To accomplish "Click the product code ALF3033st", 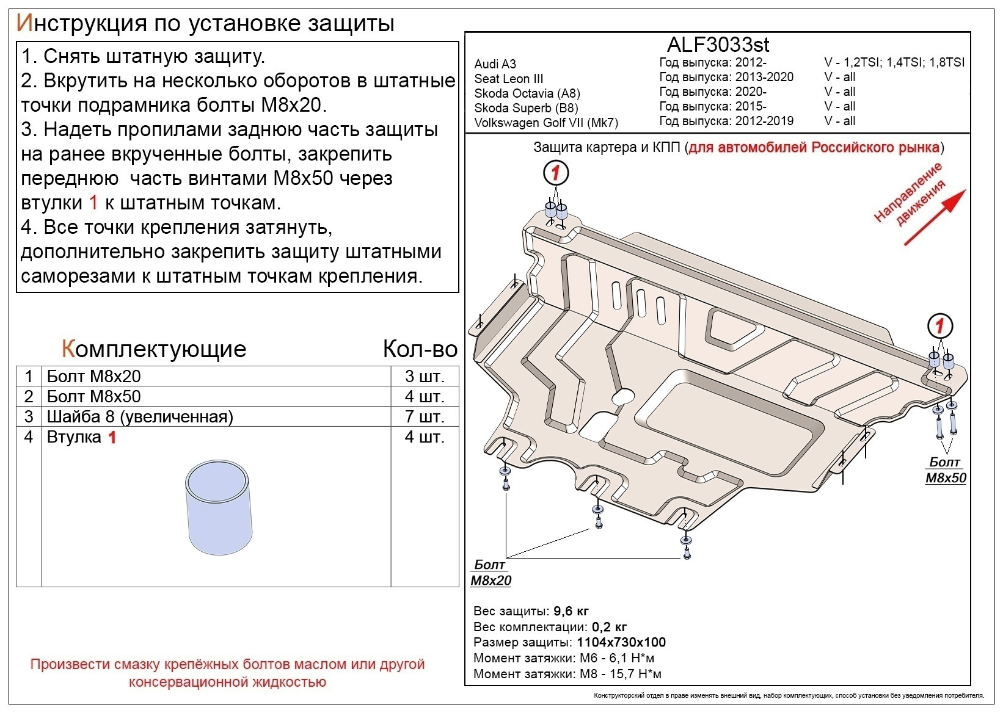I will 718,45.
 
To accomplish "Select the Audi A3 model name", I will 495,64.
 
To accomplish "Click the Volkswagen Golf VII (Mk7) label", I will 546,123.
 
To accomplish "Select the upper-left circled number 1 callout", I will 555,173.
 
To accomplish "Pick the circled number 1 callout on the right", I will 940,325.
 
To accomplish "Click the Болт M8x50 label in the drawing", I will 946,470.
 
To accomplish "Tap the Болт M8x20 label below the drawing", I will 491,573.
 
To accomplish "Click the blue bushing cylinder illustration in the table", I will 219,508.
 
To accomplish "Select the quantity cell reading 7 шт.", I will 424,416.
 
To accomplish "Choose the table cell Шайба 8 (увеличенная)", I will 140,416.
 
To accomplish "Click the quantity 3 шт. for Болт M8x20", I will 424,376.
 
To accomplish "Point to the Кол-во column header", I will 420,349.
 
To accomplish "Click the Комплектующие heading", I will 154,349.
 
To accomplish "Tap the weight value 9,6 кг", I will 571,611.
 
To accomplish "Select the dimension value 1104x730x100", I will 621,642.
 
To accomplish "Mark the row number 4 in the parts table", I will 29,436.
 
